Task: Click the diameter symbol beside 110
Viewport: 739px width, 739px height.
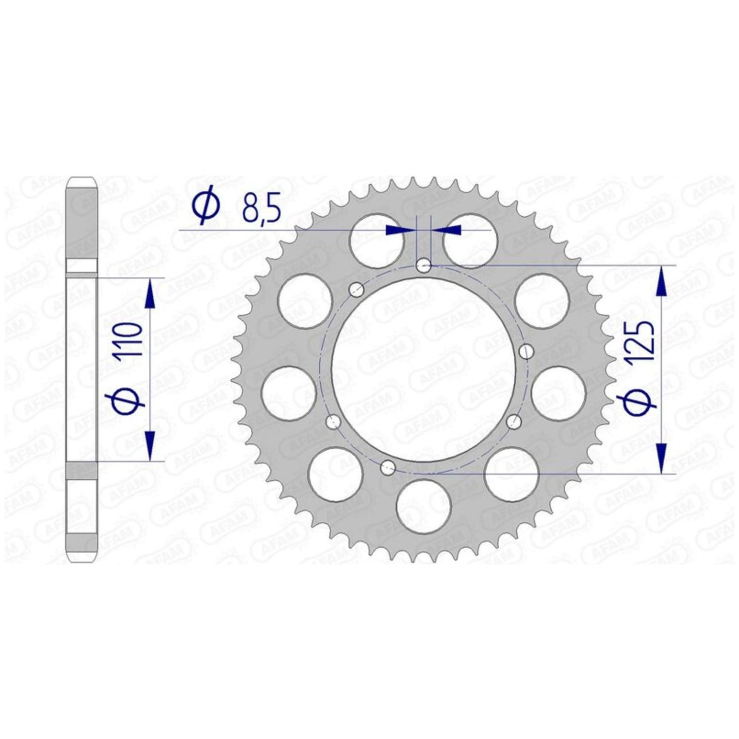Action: pyautogui.click(x=130, y=399)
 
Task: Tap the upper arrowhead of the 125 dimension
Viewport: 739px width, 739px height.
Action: pyautogui.click(x=662, y=281)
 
